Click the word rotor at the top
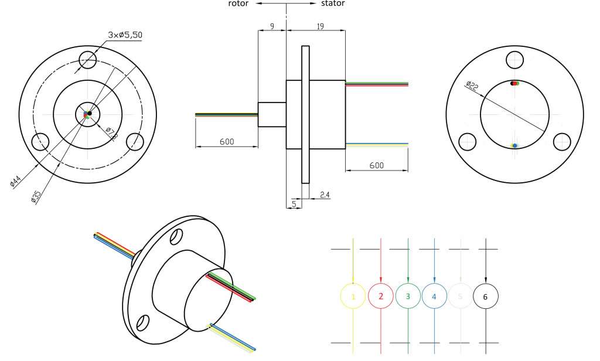[x=238, y=4]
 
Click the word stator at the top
[x=332, y=4]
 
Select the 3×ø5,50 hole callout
[x=125, y=35]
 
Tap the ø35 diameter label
[x=36, y=196]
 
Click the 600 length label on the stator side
[x=376, y=166]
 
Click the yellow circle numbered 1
[x=353, y=297]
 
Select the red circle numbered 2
[x=381, y=297]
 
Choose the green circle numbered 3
[x=408, y=297]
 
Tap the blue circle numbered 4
[x=434, y=297]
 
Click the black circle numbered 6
[x=485, y=297]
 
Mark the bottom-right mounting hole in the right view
[x=562, y=141]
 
